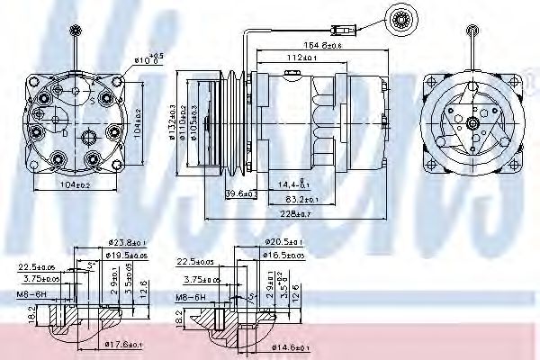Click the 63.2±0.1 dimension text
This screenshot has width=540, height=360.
coord(301,198)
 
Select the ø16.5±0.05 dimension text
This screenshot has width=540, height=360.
coord(290,256)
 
